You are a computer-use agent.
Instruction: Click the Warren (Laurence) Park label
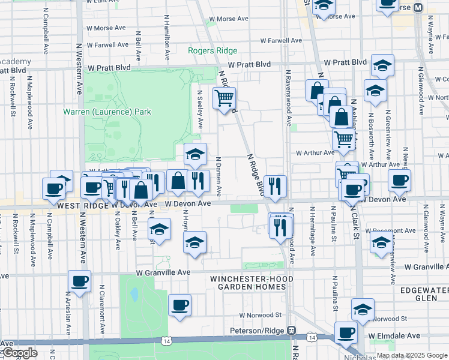coord(107,112)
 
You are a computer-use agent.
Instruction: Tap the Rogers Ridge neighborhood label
coord(212,51)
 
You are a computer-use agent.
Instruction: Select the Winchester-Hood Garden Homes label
coord(252,283)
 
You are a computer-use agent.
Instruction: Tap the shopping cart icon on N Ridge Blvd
coord(224,97)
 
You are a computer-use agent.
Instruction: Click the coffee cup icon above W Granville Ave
coord(79,280)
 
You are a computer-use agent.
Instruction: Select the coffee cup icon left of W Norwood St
coord(179,305)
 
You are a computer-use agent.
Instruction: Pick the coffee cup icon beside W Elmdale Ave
coord(345,332)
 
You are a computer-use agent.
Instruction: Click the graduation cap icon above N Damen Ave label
coord(194,154)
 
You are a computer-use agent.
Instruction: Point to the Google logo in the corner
coord(19,353)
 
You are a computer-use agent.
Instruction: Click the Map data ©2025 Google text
coord(412,355)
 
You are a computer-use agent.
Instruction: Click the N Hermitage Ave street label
coord(312,231)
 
